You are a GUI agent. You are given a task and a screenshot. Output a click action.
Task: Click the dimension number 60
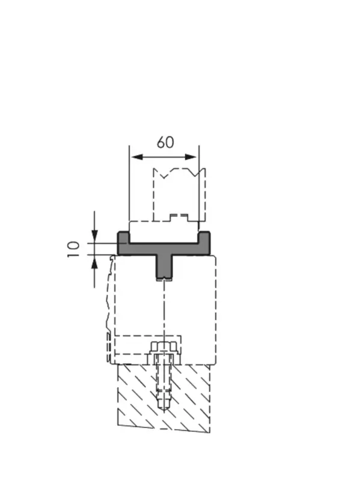tap(165, 142)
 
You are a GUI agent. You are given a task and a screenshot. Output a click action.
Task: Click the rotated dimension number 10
tap(73, 249)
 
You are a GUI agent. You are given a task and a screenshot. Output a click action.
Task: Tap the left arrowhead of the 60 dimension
tap(138, 157)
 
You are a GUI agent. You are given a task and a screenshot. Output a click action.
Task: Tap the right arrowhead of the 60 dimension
tap(190, 157)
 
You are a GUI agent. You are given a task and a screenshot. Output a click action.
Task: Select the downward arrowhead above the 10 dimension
tap(94, 236)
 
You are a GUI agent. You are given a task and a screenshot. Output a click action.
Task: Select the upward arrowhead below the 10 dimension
tap(94, 261)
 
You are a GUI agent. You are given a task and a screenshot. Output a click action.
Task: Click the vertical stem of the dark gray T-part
tap(164, 266)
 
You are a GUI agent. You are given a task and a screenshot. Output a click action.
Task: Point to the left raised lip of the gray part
tap(123, 237)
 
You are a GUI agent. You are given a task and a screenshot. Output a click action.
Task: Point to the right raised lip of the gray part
tap(205, 237)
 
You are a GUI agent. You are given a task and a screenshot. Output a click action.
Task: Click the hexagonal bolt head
tap(164, 348)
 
